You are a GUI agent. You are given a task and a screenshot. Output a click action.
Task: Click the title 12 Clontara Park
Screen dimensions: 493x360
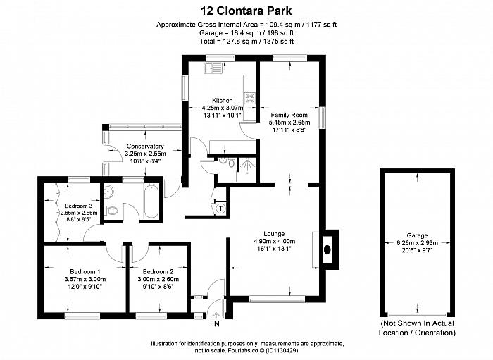pos(246,11)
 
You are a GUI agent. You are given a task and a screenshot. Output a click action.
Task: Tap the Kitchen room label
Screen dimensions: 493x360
pos(223,100)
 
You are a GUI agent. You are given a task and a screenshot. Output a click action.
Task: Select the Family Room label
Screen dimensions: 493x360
pos(289,115)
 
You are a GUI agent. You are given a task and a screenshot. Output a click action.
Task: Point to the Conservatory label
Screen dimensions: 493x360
pos(145,147)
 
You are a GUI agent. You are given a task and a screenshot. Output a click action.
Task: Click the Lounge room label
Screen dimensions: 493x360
pos(274,234)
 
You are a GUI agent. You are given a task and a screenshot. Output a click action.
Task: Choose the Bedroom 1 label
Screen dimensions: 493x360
pos(85,271)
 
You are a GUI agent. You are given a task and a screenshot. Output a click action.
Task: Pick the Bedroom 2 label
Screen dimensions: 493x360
pos(158,271)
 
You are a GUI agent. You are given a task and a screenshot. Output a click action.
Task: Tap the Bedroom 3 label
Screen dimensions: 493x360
pos(79,206)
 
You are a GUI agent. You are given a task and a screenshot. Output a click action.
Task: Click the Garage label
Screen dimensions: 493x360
pos(417,235)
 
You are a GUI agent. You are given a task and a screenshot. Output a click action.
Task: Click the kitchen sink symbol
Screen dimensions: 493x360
pos(213,68)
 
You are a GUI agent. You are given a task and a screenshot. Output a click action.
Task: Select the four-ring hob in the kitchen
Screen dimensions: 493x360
pos(250,98)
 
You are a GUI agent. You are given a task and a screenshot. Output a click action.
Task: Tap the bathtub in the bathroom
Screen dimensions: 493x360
pos(151,201)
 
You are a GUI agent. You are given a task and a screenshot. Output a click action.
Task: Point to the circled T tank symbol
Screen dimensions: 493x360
pos(221,208)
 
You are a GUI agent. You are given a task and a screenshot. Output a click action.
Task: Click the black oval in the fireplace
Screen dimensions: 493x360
pos(327,249)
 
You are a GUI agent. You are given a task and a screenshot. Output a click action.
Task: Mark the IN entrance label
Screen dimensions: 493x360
pos(216,323)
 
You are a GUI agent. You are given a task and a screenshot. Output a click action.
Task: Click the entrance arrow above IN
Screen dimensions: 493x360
pos(216,316)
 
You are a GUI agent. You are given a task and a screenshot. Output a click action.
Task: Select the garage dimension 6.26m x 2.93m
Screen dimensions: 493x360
pos(417,243)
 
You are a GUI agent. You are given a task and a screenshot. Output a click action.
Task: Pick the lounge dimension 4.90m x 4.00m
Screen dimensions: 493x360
pos(274,241)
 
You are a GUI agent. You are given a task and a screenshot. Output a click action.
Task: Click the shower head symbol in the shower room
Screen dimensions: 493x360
pos(247,166)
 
